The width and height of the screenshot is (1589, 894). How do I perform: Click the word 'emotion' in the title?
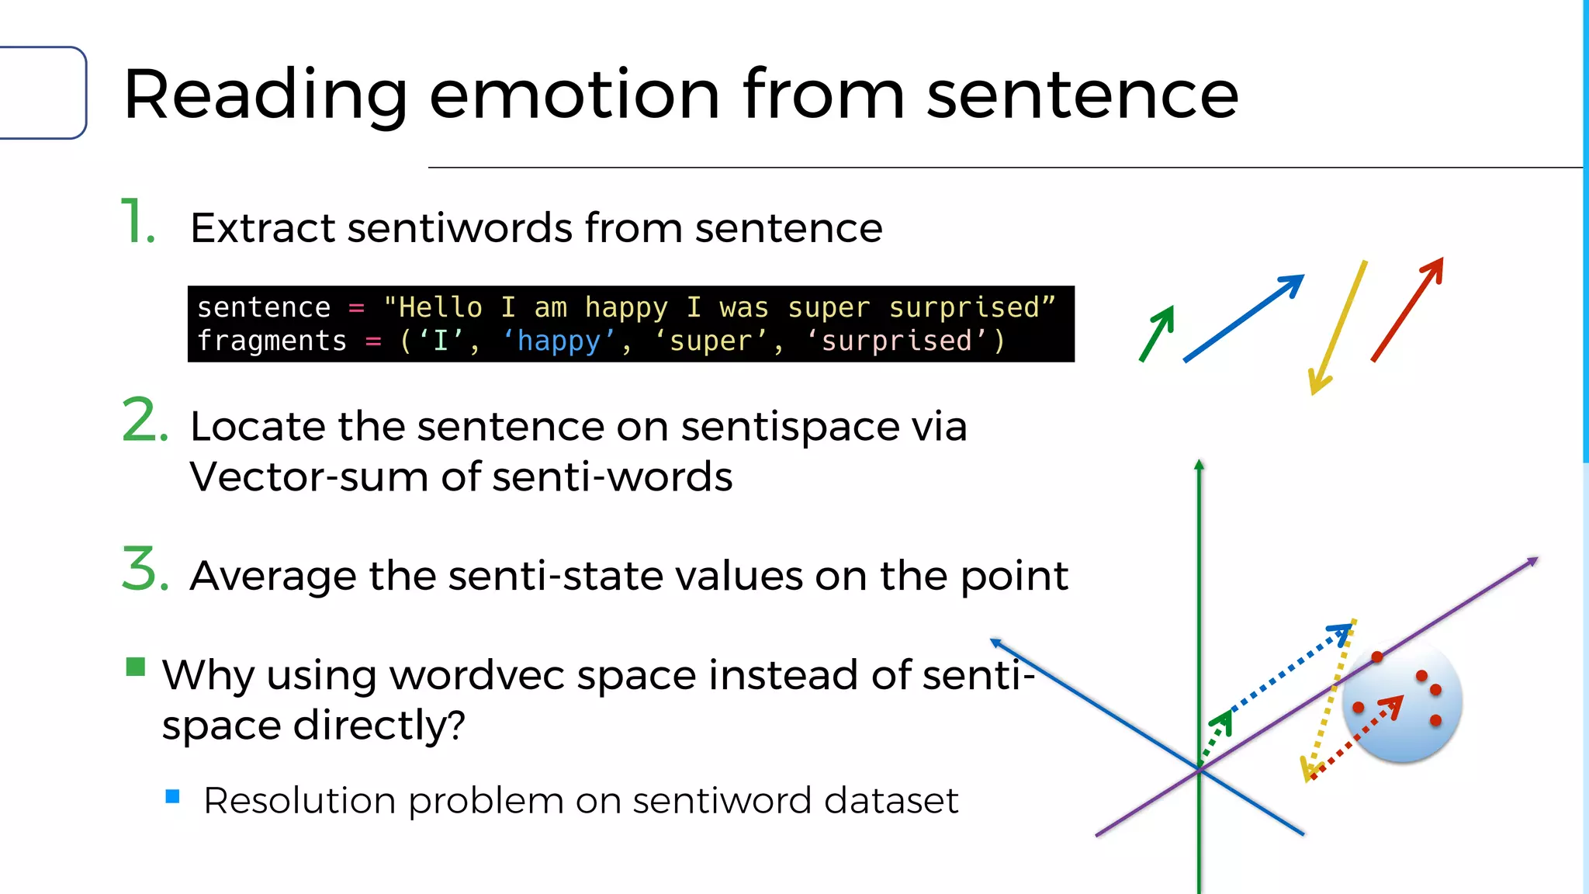coord(574,95)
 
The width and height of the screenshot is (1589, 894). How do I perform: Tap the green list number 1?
coord(137,223)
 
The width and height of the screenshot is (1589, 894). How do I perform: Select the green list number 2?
coord(144,421)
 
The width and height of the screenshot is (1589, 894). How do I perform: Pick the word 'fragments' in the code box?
coord(272,341)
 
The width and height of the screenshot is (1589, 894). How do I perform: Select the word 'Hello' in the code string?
coord(440,308)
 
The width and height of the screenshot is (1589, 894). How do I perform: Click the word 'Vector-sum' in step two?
coord(308,476)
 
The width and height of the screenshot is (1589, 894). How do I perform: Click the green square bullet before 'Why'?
coord(136,667)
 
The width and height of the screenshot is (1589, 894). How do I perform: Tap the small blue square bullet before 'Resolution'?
coord(173,796)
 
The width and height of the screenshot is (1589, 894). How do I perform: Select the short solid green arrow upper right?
coord(1157,333)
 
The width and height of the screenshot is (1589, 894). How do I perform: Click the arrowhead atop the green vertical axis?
coord(1199,464)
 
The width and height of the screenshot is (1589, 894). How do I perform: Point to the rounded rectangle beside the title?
coord(43,93)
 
